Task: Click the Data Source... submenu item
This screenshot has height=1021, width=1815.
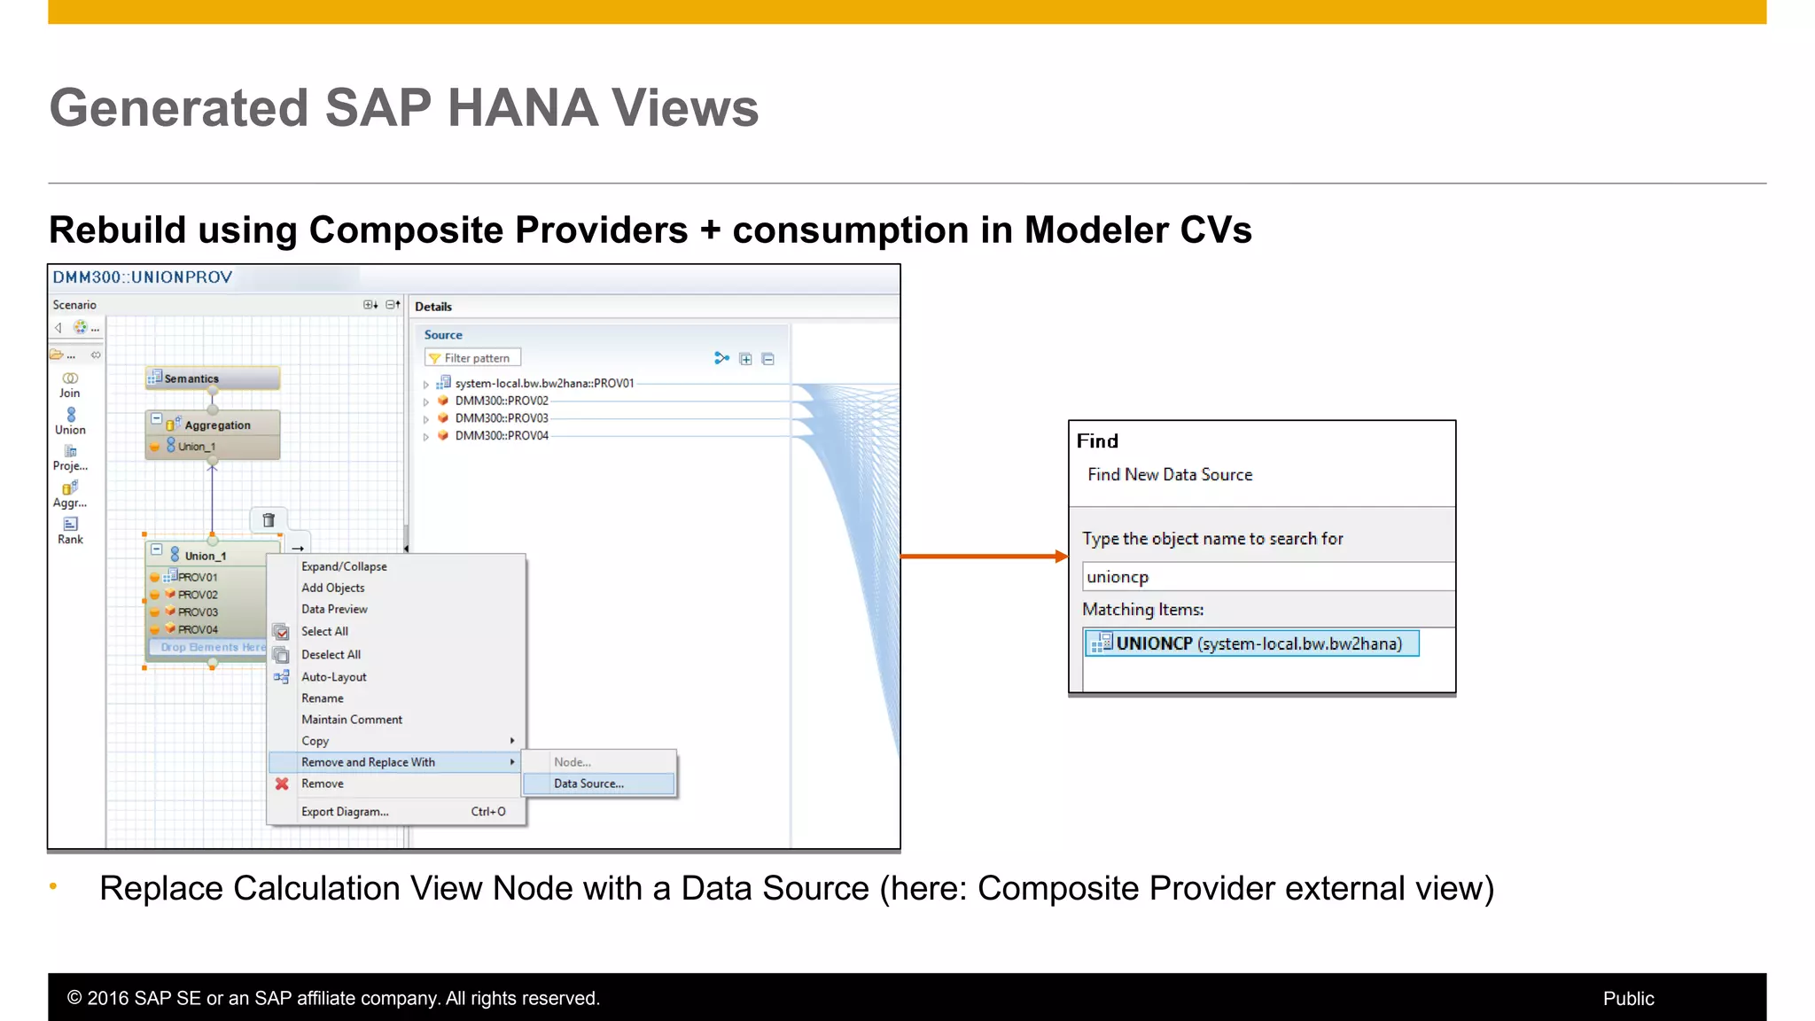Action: pos(588,783)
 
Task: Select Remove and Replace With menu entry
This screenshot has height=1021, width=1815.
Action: pos(368,762)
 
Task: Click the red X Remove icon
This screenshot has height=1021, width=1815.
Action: pos(282,783)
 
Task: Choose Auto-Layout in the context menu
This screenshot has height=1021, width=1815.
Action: pos(333,677)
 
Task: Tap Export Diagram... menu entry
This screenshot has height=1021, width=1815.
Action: pos(345,812)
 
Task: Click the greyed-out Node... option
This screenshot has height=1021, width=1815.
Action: pos(573,762)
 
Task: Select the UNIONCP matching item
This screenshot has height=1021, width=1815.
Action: pos(1250,643)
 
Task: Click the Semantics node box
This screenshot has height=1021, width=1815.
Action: pos(212,378)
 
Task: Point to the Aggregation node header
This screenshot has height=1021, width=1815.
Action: pos(216,425)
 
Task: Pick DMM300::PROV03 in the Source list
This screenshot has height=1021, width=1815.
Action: pos(502,418)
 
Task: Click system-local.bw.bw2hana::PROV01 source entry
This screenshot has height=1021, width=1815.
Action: pos(544,384)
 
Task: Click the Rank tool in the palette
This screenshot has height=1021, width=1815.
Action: pos(70,530)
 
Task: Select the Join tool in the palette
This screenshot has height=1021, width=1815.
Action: pos(70,384)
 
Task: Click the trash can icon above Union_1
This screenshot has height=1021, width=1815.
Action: pos(269,520)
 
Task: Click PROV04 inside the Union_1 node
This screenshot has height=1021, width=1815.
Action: pos(198,629)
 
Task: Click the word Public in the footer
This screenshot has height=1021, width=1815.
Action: pos(1628,999)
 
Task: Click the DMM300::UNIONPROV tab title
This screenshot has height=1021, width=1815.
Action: pos(143,277)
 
